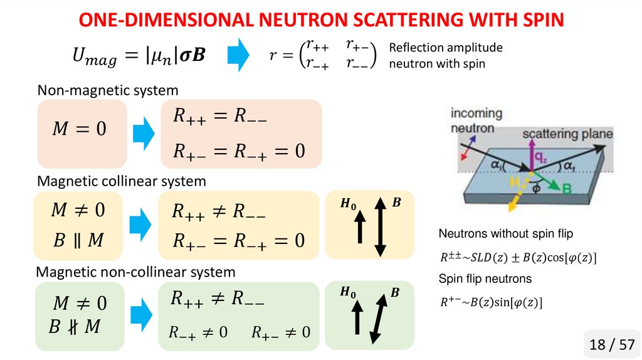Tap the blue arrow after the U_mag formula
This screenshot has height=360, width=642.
click(237, 55)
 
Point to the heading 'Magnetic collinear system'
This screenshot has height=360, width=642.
click(122, 181)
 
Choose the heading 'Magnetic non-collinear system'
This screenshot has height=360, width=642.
click(135, 272)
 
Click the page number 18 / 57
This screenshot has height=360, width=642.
click(612, 344)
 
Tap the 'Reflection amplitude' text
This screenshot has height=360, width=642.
click(446, 48)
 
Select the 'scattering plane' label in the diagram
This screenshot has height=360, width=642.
click(567, 134)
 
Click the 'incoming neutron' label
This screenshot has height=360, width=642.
click(476, 120)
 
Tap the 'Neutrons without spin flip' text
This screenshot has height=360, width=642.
click(506, 234)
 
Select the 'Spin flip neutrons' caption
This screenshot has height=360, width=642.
click(485, 278)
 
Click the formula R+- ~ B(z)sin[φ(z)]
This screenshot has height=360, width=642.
click(490, 303)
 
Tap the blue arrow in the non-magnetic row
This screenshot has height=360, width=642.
click(144, 133)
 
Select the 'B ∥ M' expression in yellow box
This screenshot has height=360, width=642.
click(78, 240)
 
